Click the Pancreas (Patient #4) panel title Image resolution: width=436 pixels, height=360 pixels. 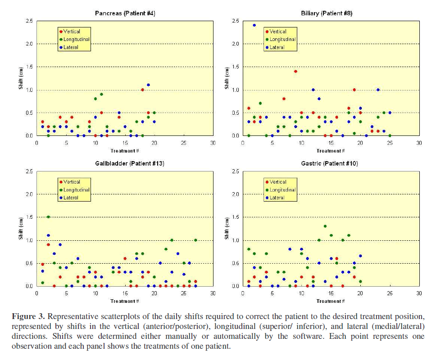pyautogui.click(x=125, y=13)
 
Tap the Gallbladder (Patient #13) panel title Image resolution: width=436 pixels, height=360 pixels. pyautogui.click(x=125, y=164)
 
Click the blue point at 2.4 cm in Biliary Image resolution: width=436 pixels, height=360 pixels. pyautogui.click(x=254, y=25)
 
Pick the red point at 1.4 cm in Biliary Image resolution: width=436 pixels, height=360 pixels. pyautogui.click(x=295, y=71)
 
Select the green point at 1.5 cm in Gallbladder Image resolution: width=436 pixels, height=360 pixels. pyautogui.click(x=48, y=217)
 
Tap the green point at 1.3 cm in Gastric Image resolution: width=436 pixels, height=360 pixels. pyautogui.click(x=325, y=226)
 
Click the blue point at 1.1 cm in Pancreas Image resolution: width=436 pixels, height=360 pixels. pyautogui.click(x=148, y=85)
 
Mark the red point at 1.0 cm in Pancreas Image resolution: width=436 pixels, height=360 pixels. pyautogui.click(x=142, y=90)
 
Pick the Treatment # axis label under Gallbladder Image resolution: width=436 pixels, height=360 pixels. pyautogui.click(x=123, y=301)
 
